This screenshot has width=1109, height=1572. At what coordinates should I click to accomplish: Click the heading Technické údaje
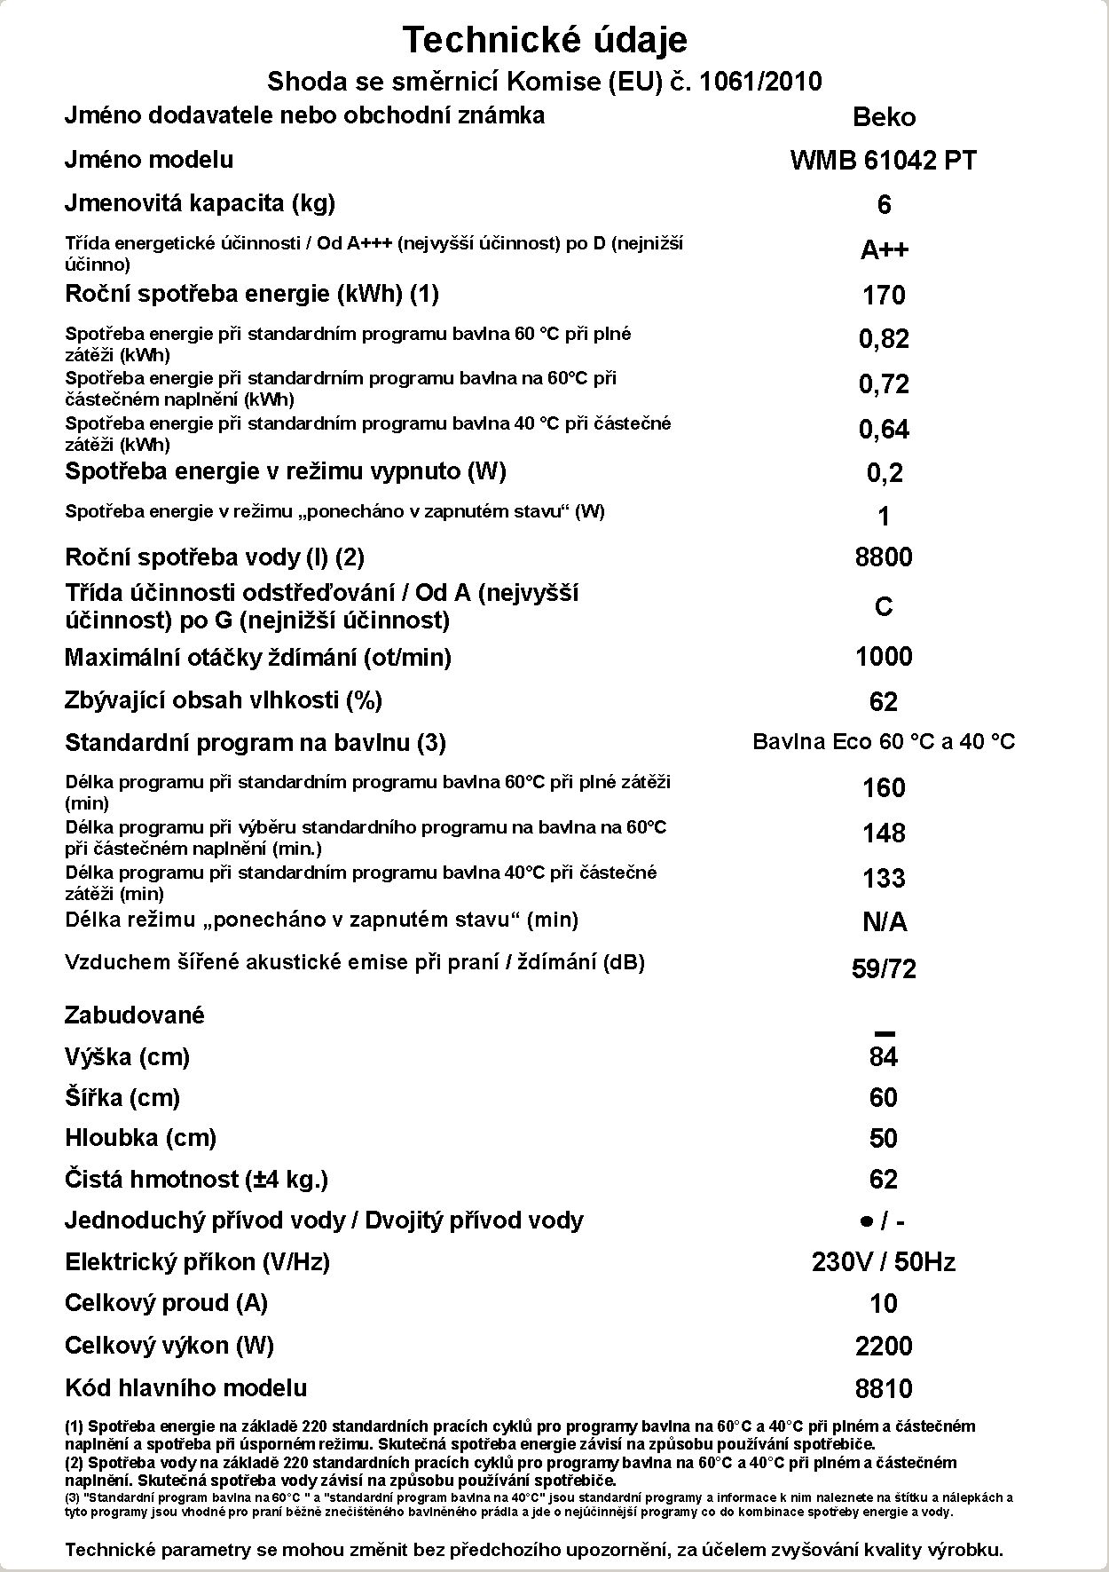point(545,40)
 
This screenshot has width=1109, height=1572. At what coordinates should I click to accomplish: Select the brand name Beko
point(884,117)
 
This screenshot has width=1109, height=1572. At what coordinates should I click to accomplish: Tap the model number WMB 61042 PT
point(884,161)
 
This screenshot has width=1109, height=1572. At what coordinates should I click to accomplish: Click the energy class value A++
point(884,249)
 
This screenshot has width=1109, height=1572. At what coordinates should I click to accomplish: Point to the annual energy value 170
point(884,295)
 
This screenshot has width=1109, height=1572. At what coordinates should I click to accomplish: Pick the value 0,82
point(884,338)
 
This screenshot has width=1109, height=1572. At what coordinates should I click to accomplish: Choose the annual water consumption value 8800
point(884,557)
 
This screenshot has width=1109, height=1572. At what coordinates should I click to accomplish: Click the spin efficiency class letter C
point(884,606)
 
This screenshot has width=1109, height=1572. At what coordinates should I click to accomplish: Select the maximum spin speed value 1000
point(884,657)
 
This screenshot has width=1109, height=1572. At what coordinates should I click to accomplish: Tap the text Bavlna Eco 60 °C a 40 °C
point(884,742)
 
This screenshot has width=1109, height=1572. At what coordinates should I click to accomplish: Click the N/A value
point(884,922)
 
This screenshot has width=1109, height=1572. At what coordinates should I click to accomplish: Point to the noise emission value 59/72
point(884,968)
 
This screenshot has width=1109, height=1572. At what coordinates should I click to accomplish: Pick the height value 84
point(884,1056)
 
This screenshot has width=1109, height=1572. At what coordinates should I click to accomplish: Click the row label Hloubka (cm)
point(140,1138)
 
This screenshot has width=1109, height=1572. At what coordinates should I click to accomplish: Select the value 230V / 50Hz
point(884,1262)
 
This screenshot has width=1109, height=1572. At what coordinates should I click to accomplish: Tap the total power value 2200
point(884,1347)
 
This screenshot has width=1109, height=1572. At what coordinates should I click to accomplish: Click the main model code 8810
point(884,1388)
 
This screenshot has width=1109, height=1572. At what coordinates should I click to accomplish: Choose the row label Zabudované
point(134,1015)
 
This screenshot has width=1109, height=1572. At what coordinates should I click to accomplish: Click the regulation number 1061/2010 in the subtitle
point(760,82)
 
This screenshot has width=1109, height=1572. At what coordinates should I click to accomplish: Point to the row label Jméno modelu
point(149,160)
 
